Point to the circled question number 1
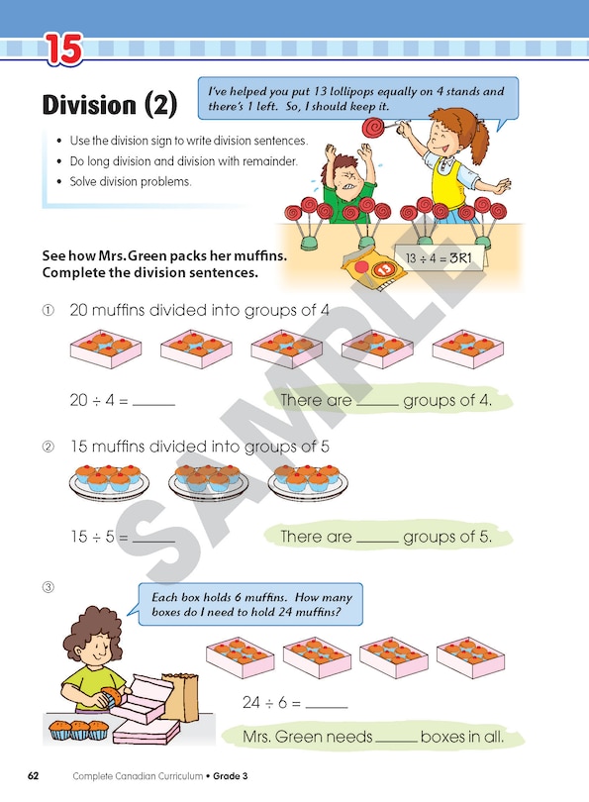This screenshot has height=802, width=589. click(x=47, y=311)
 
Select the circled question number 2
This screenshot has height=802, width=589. click(x=47, y=448)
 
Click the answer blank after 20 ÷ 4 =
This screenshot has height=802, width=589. click(x=153, y=402)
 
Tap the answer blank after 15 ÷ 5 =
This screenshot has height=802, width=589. click(x=153, y=539)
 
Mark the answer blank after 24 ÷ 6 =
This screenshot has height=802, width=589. click(x=327, y=704)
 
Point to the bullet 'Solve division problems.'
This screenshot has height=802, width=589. click(x=128, y=182)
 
